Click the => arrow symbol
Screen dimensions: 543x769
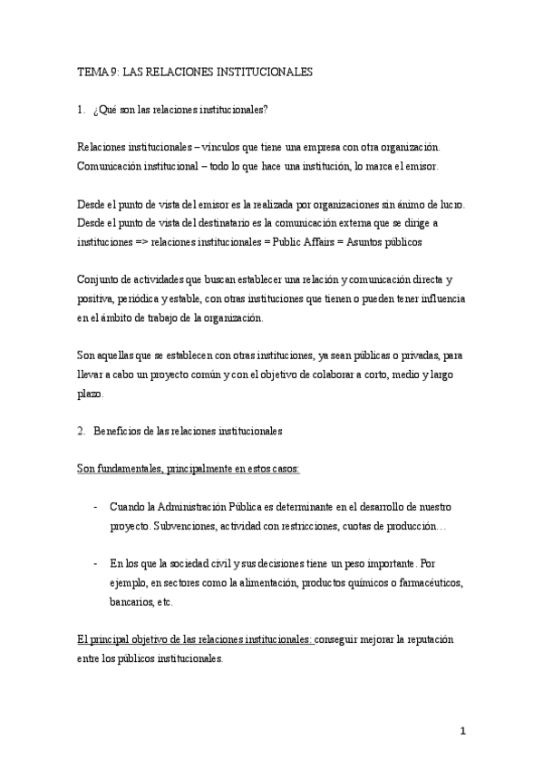[140, 244]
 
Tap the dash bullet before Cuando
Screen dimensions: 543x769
[96, 506]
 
